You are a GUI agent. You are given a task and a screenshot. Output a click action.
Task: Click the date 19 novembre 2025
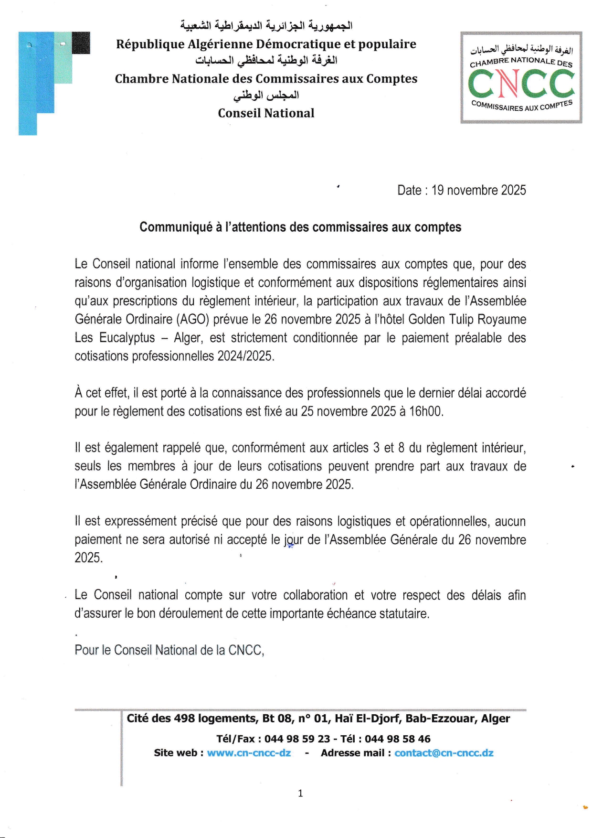[x=478, y=190]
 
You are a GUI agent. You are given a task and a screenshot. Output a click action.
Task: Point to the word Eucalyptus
[x=127, y=338]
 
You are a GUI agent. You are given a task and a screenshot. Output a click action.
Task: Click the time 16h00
[x=426, y=411]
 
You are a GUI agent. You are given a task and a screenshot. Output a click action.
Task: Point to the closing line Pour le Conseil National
[x=169, y=650]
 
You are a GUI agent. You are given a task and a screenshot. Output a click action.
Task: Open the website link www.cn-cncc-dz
[x=249, y=753]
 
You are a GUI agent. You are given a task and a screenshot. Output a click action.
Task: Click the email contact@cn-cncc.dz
[x=444, y=753]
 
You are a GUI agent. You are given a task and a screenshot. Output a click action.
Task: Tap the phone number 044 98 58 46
[x=397, y=739]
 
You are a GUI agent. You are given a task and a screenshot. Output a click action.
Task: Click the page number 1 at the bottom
[x=300, y=794]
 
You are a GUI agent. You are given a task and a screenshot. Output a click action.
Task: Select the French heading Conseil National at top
[x=266, y=113]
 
